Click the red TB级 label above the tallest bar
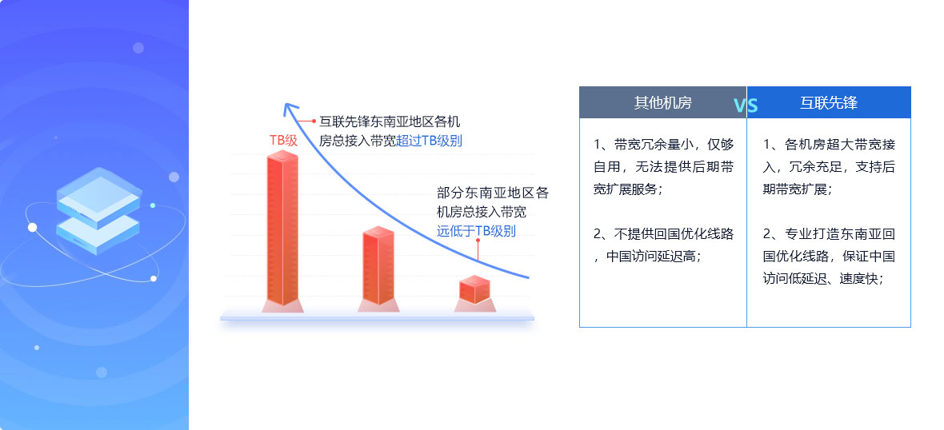tap(283, 141)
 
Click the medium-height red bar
tap(378, 265)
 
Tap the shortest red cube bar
tap(474, 289)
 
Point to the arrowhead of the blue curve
tap(290, 108)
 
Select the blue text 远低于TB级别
tap(476, 231)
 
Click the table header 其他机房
tap(663, 103)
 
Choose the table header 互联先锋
tap(829, 103)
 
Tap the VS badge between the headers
tap(746, 106)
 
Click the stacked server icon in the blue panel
tap(98, 210)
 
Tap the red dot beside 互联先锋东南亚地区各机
tap(314, 121)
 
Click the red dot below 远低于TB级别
tap(478, 241)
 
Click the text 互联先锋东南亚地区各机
tap(390, 121)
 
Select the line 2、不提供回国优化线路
tap(663, 234)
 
